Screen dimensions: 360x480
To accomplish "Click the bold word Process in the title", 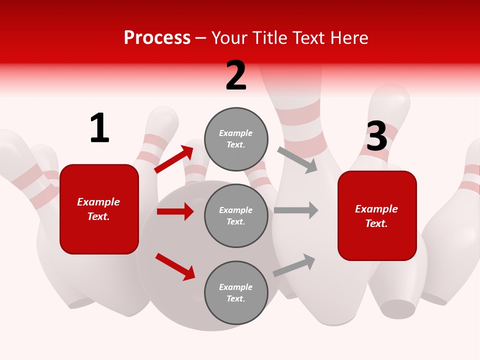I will click(157, 38).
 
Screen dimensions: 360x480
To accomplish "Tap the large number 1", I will click(99, 128).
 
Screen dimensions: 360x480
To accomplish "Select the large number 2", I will click(236, 75).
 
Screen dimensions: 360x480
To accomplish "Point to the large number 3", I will click(377, 136).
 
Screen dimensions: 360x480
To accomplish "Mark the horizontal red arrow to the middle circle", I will click(175, 211).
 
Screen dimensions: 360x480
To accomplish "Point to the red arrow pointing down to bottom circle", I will click(175, 266).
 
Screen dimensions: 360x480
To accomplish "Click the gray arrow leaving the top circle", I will click(297, 159).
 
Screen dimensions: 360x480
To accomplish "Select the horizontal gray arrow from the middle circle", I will click(296, 210).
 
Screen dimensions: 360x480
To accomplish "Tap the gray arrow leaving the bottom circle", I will click(294, 265).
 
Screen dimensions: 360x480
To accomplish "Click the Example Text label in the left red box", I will click(99, 209).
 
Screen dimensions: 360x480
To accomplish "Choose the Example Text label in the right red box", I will click(376, 216).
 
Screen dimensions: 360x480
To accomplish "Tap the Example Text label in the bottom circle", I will click(236, 293).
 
